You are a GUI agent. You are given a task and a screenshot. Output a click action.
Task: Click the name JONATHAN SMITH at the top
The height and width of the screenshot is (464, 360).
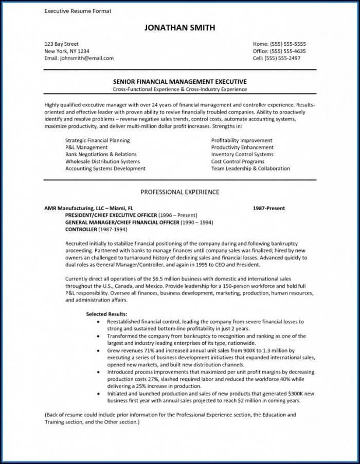tap(180, 28)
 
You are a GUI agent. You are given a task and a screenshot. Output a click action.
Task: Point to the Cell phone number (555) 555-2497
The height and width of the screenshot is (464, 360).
tap(286, 58)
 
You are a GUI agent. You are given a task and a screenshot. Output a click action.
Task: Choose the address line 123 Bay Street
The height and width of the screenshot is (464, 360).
tap(62, 44)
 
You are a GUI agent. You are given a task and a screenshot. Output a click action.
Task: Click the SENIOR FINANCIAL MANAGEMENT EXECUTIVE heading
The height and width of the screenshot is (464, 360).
tap(180, 82)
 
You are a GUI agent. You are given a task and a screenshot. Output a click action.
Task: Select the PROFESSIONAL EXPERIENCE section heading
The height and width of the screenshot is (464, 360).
tap(180, 192)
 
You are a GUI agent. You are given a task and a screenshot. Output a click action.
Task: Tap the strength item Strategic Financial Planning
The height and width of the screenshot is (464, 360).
tap(98, 140)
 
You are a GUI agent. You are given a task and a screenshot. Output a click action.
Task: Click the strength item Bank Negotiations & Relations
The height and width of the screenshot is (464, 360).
tap(101, 154)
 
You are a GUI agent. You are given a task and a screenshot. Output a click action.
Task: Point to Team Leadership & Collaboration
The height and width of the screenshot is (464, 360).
tap(250, 169)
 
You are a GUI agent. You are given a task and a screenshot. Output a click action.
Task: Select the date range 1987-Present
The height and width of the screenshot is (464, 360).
tap(269, 208)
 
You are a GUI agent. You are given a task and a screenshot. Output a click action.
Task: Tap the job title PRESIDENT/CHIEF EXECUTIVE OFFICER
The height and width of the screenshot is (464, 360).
tap(120, 215)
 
